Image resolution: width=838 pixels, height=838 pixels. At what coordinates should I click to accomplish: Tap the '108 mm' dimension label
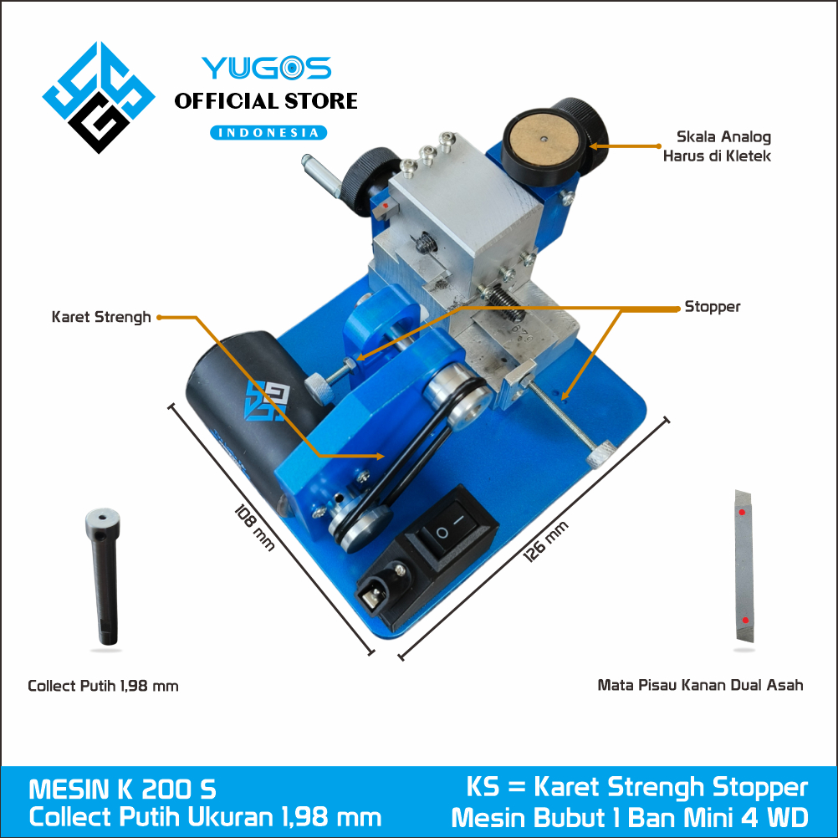click(x=255, y=528)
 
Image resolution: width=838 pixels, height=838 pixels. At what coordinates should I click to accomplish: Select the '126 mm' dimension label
click(x=545, y=542)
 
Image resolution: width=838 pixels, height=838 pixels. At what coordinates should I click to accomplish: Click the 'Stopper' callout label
click(x=713, y=307)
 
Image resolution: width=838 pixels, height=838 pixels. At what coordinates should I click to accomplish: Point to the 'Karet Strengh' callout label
click(x=101, y=317)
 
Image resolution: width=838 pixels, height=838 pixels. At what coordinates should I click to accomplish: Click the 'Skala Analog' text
click(x=723, y=137)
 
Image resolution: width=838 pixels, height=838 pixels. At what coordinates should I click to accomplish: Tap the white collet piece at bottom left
click(x=104, y=576)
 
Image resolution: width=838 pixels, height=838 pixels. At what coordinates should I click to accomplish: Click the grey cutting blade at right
click(x=744, y=566)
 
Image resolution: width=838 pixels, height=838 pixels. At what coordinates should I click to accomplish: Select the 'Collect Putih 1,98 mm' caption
click(x=103, y=686)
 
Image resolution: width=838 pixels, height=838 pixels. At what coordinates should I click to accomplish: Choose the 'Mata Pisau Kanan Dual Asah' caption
click(x=700, y=685)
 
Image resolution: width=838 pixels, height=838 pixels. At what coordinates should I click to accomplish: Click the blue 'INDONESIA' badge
click(x=268, y=132)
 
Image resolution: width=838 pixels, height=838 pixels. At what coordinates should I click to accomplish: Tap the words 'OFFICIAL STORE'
click(x=266, y=101)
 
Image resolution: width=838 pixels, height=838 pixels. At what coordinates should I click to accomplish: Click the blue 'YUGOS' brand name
click(x=267, y=69)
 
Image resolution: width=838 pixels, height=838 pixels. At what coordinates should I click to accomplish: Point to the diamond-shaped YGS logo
click(x=99, y=97)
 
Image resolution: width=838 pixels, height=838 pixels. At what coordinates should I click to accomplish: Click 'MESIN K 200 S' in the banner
click(x=122, y=789)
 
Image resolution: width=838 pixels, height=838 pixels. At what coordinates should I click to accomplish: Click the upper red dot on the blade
click(x=742, y=512)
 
